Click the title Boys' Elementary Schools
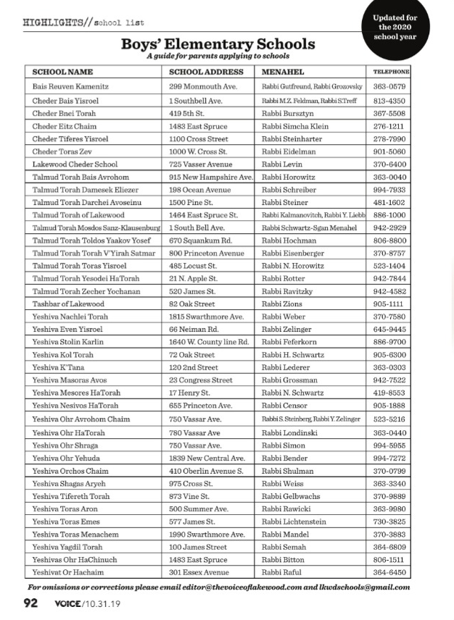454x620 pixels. [218, 44]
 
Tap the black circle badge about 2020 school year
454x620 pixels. [395, 28]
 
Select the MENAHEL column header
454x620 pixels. [283, 72]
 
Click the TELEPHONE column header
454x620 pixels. [391, 72]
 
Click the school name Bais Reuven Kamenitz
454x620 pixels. [70, 87]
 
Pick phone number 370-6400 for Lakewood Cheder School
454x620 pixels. [389, 164]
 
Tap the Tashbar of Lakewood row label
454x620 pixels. [68, 304]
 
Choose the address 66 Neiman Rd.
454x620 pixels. [193, 330]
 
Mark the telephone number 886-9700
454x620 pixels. [389, 342]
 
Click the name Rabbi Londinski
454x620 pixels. [289, 433]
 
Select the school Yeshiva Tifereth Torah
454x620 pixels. [71, 496]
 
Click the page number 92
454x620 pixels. [30, 603]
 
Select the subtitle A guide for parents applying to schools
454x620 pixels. [218, 56]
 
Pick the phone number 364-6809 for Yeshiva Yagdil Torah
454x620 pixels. [389, 548]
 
